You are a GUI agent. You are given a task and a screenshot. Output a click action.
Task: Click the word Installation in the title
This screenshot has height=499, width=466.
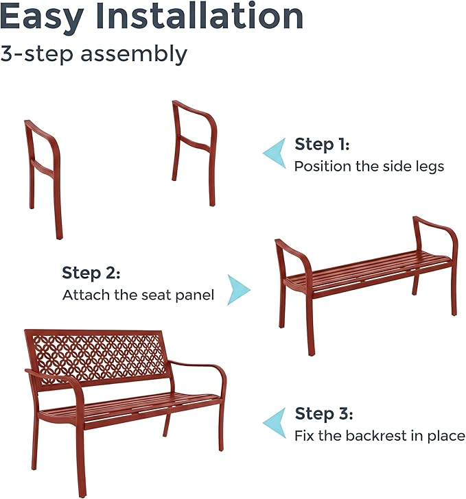coord(200,15)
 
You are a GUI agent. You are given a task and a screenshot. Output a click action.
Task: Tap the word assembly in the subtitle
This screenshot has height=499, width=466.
coord(134,54)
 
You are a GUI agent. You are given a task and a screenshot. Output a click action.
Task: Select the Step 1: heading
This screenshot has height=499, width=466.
coord(322,145)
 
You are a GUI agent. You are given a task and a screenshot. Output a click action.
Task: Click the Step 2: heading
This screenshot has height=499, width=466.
coord(91,273)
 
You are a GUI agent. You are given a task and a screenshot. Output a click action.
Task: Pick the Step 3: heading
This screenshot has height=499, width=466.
coord(324,414)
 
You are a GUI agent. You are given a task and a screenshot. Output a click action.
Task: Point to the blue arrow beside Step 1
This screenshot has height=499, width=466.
coord(275,153)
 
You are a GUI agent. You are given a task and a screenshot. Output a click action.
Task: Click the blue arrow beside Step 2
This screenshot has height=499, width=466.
coord(238,290)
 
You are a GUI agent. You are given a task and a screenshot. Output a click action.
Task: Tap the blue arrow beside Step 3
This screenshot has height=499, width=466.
coord(275,423)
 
